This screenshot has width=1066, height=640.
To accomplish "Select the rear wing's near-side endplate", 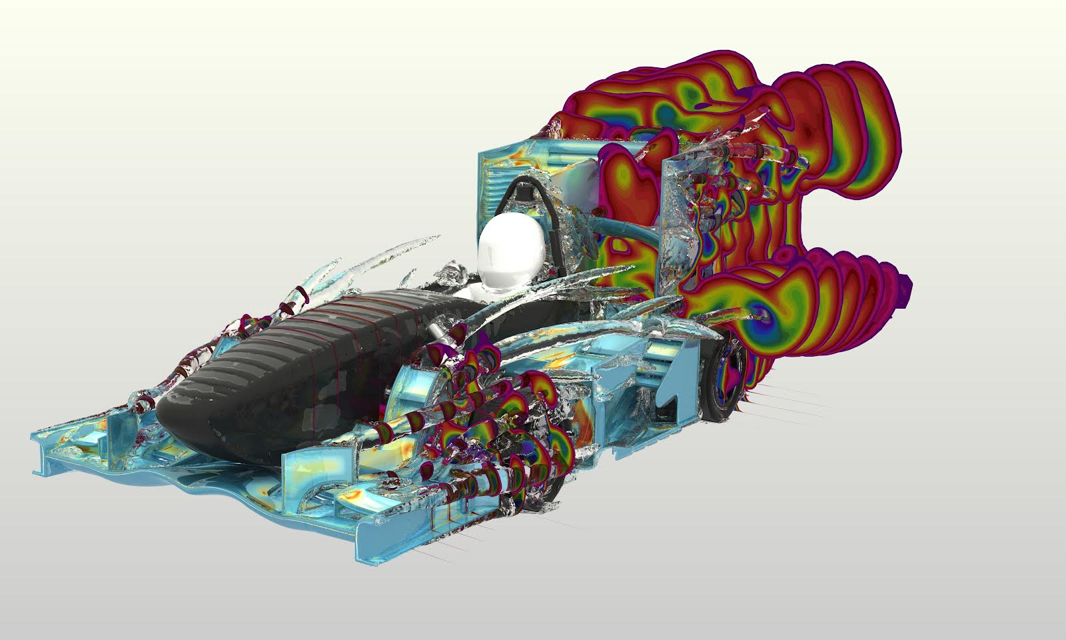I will [x=680, y=220].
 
